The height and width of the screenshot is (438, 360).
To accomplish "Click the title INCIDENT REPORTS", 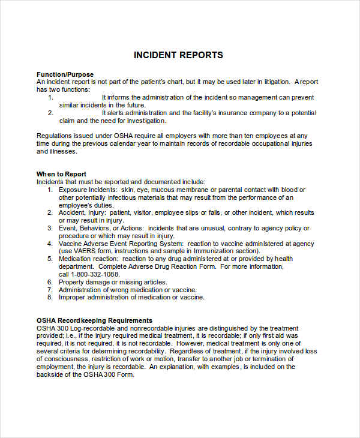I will (178, 55).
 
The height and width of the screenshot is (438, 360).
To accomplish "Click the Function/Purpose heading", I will (65, 74).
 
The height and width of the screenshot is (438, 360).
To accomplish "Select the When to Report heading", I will (61, 174).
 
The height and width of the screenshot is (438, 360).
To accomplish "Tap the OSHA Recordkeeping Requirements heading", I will (94, 320).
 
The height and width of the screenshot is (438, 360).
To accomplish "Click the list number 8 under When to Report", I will (50, 297).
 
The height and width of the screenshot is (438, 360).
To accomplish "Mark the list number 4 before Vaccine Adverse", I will (50, 244).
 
